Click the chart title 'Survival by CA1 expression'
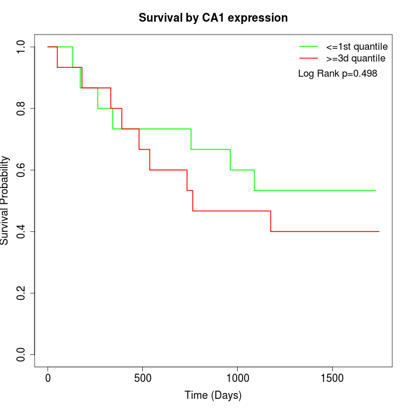tap(213, 18)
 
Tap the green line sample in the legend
tap(309, 46)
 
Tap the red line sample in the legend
tap(309, 59)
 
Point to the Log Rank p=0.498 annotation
tap(337, 74)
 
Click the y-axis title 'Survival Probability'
tap(5, 200)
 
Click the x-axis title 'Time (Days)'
tap(213, 395)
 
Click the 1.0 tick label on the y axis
tap(21, 47)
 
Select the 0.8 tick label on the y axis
tap(21, 108)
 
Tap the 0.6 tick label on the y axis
tap(21, 170)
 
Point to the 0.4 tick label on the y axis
tap(21, 231)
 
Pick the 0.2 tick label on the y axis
tap(21, 293)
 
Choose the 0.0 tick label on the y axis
tap(21, 354)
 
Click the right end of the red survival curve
tap(379, 231)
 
